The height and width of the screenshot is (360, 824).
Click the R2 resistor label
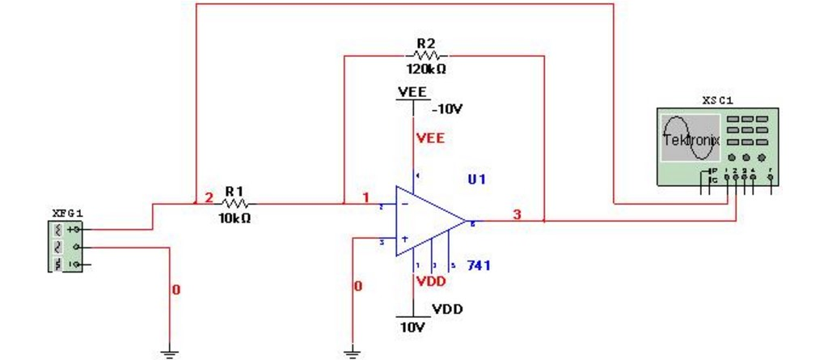tap(425, 43)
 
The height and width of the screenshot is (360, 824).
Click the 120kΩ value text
tap(425, 69)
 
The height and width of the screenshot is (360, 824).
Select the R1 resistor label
tap(234, 191)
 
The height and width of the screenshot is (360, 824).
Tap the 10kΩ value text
tap(235, 218)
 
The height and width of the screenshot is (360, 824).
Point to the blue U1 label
tap(476, 179)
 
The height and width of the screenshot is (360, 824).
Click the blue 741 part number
tap(479, 265)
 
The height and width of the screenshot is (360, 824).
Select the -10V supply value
tap(447, 108)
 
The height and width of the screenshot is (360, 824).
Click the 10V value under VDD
tap(411, 328)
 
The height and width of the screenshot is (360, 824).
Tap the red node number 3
tap(517, 214)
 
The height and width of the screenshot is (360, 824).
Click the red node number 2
tap(208, 197)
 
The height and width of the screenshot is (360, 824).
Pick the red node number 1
tap(366, 197)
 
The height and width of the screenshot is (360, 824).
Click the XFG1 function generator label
tap(65, 212)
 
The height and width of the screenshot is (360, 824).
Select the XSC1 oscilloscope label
tap(718, 100)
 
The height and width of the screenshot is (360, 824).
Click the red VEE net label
tap(430, 138)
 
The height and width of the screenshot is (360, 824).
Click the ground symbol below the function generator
tap(169, 353)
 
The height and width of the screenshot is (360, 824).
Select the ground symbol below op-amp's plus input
tap(352, 353)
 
